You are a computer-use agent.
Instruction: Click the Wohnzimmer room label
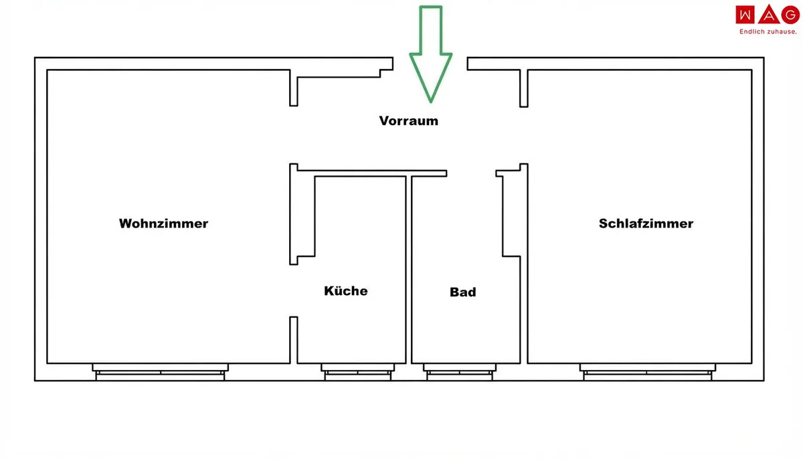163,223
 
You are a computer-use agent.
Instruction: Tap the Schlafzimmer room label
646,223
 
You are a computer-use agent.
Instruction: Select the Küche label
346,290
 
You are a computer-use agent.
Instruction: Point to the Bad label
463,292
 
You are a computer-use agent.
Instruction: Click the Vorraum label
409,121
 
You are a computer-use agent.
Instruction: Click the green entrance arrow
430,54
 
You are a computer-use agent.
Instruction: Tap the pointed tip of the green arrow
430,102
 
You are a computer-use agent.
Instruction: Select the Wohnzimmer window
160,372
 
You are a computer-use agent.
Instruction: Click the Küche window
358,372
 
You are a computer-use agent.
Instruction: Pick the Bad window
460,372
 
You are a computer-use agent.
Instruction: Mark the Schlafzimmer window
648,372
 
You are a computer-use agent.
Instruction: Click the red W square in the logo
745,15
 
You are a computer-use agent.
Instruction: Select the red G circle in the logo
790,15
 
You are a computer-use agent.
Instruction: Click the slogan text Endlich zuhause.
768,32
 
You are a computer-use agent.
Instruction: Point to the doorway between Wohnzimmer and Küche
294,290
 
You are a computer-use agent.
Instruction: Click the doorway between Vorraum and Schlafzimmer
524,135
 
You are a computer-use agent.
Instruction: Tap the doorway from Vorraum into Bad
471,173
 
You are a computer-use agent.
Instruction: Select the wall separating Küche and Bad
409,270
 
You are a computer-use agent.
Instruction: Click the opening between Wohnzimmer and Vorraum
294,135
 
